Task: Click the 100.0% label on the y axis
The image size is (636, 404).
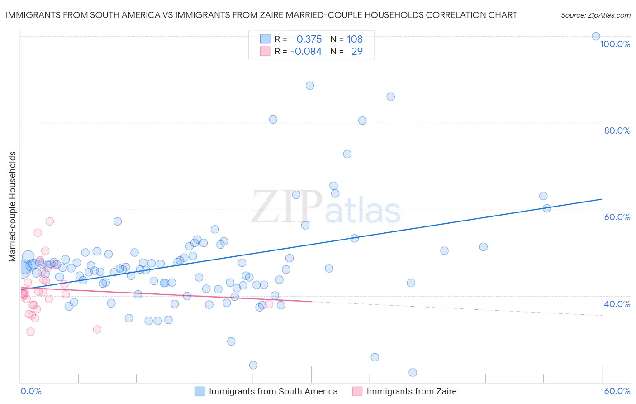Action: pyautogui.click(x=615, y=44)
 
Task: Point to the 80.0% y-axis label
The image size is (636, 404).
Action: pyautogui.click(x=617, y=130)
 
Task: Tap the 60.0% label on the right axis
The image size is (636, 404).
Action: pyautogui.click(x=617, y=217)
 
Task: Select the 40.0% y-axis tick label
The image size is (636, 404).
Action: pyautogui.click(x=617, y=304)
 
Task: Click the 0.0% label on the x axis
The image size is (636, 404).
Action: pyautogui.click(x=31, y=391)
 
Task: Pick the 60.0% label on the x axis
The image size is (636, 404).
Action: pyautogui.click(x=617, y=391)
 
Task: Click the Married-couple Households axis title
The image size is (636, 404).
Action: pyautogui.click(x=13, y=207)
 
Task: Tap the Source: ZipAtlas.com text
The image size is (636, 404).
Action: pyautogui.click(x=595, y=15)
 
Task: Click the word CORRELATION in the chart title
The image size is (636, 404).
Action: pyautogui.click(x=460, y=15)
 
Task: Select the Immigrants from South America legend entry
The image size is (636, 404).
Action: pyautogui.click(x=273, y=391)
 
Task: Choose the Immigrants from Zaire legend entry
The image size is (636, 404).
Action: pyautogui.click(x=411, y=391)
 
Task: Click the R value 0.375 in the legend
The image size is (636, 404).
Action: pyautogui.click(x=309, y=39)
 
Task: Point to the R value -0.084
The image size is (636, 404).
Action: pyautogui.click(x=306, y=51)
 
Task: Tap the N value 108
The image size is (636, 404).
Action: pyautogui.click(x=355, y=39)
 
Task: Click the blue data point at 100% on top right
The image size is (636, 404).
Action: pyautogui.click(x=596, y=36)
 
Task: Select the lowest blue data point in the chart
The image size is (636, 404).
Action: pyautogui.click(x=413, y=372)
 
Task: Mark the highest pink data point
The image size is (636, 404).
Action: pyautogui.click(x=50, y=221)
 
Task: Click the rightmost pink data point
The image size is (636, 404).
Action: pyautogui.click(x=269, y=304)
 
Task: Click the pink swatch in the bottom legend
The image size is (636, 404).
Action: pyautogui.click(x=357, y=391)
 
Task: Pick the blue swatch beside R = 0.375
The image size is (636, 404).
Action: pyautogui.click(x=265, y=39)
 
